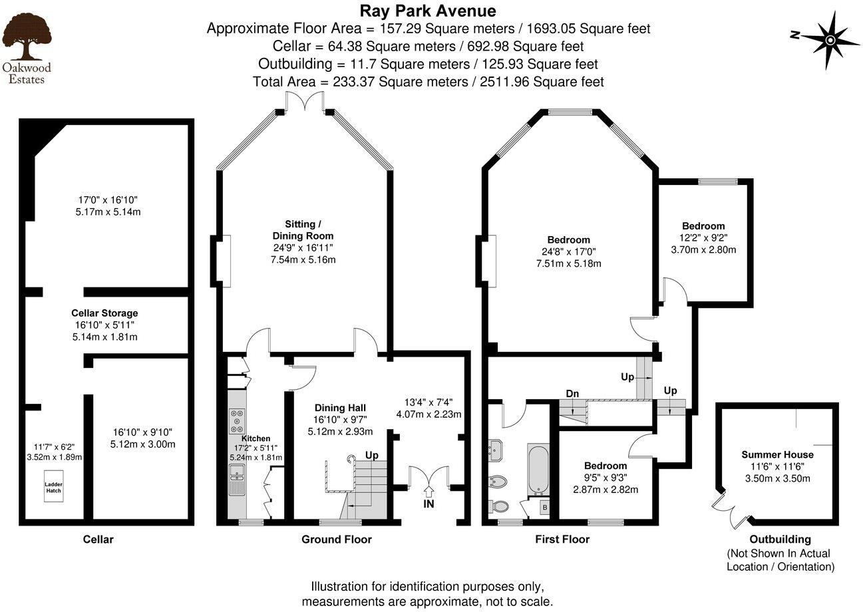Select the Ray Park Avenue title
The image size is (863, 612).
click(x=428, y=11)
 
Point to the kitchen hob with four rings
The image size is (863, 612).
click(x=236, y=421)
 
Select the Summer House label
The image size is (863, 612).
click(x=777, y=454)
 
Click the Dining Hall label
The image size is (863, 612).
click(x=339, y=408)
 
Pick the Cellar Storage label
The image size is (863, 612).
click(x=104, y=313)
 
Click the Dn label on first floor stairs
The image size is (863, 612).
click(x=572, y=394)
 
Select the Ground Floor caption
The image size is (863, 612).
click(x=337, y=539)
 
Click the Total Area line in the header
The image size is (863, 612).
click(x=428, y=82)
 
